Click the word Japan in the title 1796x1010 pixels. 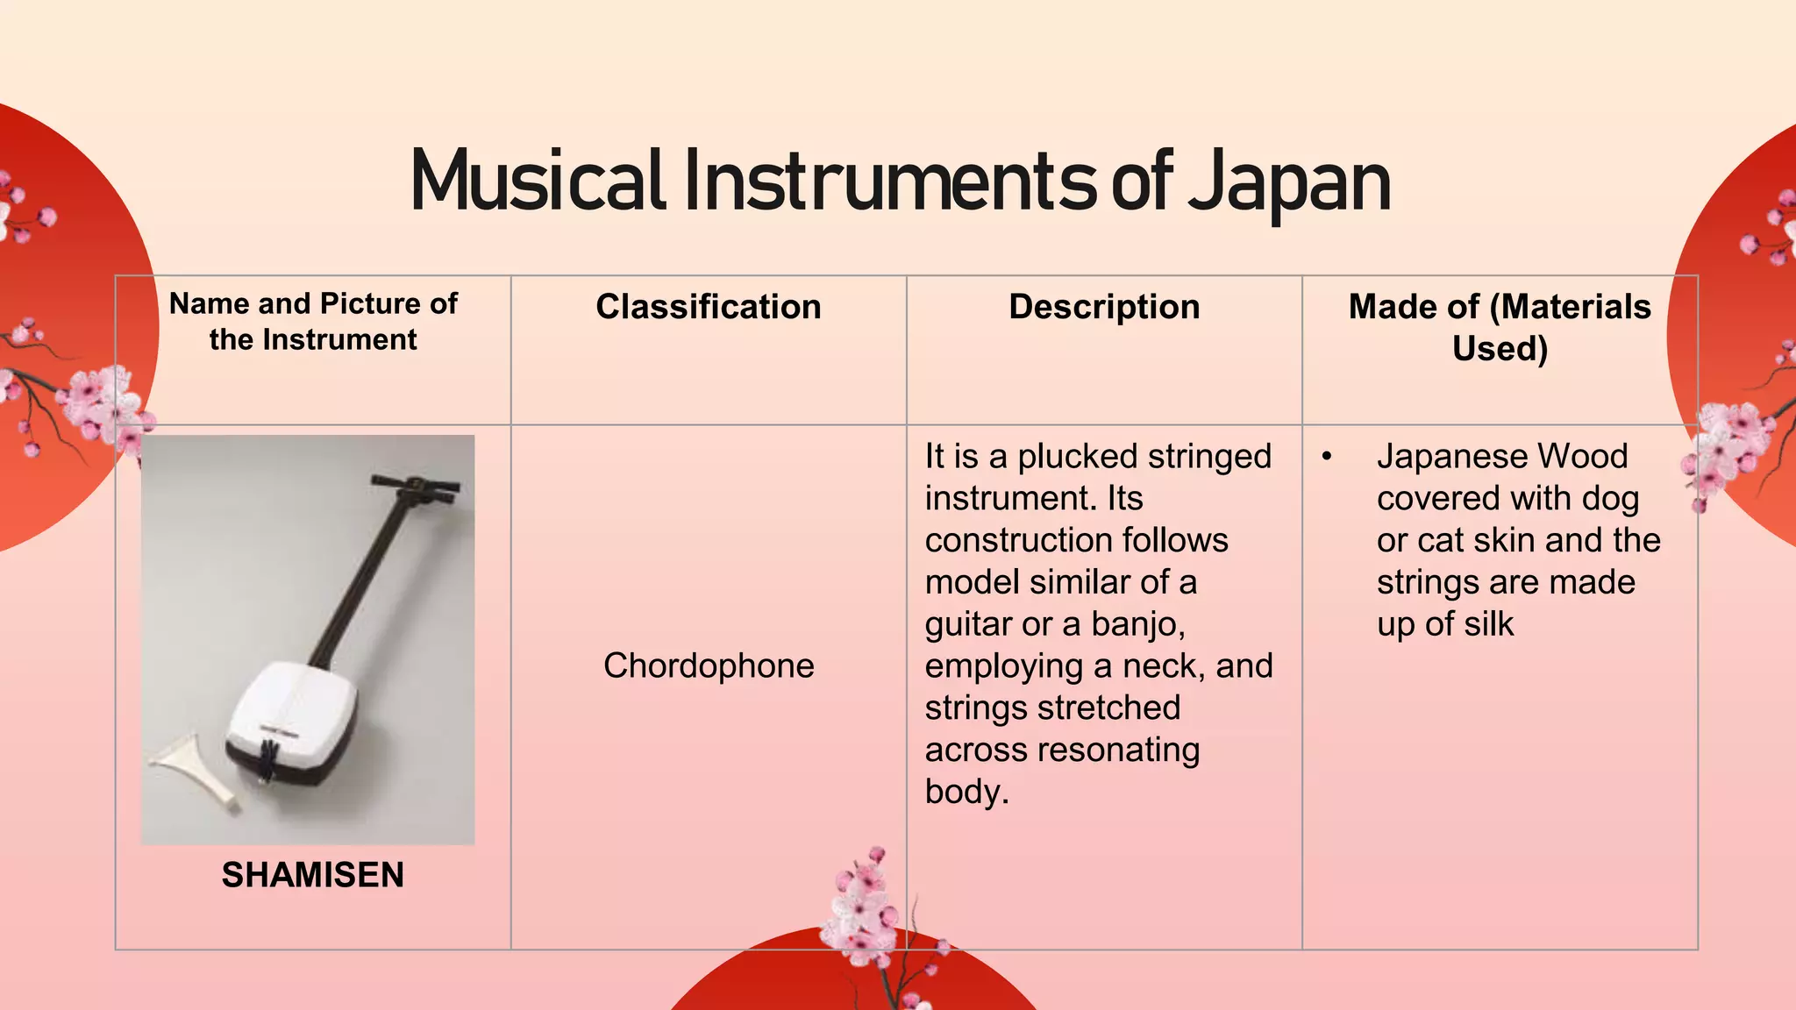coord(1289,184)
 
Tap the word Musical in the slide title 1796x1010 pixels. coord(537,181)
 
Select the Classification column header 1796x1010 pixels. coord(709,307)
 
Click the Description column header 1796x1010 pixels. coord(1104,307)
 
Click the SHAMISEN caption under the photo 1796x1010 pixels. coord(313,875)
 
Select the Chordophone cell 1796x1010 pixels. coord(709,665)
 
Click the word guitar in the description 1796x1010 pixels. coord(968,624)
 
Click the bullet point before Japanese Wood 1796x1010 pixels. coord(1327,457)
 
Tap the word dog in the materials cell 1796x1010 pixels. coord(1610,499)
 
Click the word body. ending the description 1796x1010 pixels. coord(966,792)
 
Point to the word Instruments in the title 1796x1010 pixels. coord(890,181)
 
